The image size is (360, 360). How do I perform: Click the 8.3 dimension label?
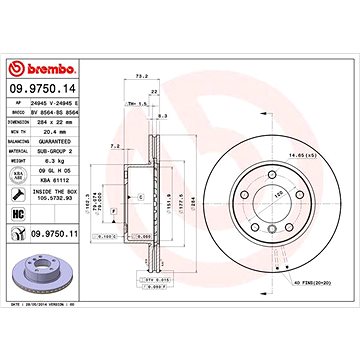pos(162,117)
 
